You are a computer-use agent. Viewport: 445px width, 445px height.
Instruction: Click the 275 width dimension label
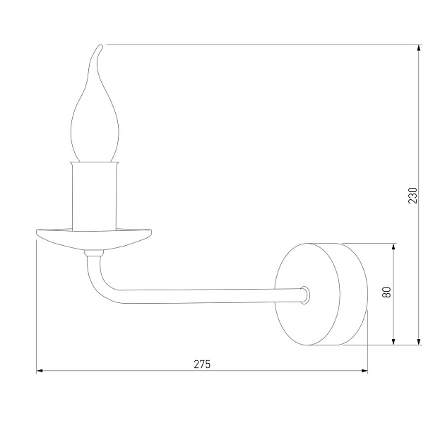point(202,364)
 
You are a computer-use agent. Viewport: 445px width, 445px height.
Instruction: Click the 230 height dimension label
point(413,195)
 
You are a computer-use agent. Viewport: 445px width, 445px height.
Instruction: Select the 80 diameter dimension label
point(386,292)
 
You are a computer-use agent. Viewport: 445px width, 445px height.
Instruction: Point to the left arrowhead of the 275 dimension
point(40,370)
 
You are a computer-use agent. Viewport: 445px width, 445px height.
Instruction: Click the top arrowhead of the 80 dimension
point(393,248)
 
